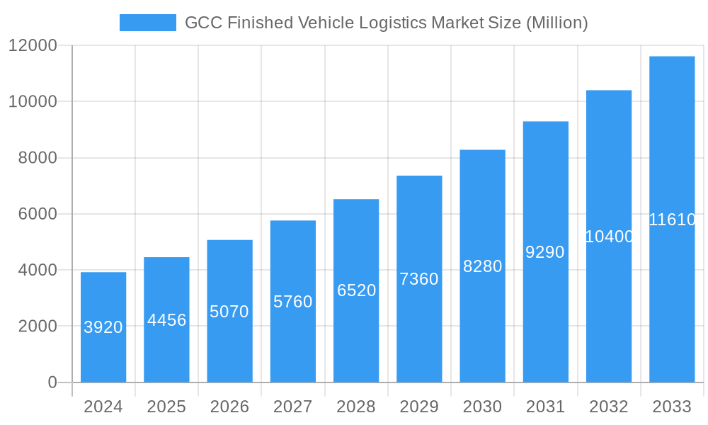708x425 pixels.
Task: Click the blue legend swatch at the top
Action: click(x=147, y=23)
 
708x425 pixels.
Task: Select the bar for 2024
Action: click(x=103, y=327)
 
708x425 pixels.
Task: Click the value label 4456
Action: click(x=167, y=320)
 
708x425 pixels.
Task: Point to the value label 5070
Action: click(x=229, y=312)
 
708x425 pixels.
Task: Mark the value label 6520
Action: click(x=356, y=290)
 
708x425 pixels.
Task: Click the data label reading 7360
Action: click(x=419, y=279)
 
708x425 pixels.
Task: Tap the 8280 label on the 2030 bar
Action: click(x=482, y=266)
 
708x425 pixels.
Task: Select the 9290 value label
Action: click(x=545, y=252)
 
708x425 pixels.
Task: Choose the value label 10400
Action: click(x=609, y=237)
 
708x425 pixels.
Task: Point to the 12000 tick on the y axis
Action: click(x=33, y=45)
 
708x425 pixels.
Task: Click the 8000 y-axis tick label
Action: click(x=37, y=158)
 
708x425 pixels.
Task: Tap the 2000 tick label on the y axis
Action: click(x=37, y=327)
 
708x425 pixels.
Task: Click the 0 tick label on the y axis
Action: click(x=52, y=382)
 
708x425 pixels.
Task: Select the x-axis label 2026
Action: click(x=229, y=407)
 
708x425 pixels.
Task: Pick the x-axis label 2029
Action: click(x=419, y=407)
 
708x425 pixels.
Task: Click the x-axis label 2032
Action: click(x=609, y=407)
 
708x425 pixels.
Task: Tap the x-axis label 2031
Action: click(x=545, y=407)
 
